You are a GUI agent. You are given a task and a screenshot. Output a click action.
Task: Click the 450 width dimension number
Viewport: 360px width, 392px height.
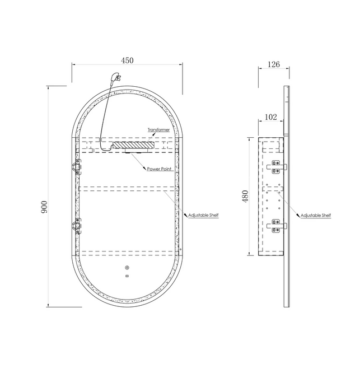coord(127,60)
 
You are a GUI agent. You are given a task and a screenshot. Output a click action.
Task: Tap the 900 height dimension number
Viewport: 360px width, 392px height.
coord(44,207)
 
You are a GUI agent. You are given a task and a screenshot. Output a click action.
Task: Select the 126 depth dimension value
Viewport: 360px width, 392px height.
coord(274,64)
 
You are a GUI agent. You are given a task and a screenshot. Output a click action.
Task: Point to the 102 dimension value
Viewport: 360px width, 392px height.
coord(271,117)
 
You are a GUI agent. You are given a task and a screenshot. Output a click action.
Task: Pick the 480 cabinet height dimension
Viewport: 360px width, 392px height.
coord(245,196)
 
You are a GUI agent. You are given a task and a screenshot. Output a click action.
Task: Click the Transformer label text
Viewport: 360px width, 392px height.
coord(158,130)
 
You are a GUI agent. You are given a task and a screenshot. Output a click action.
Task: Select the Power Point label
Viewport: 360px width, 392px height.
coord(159,169)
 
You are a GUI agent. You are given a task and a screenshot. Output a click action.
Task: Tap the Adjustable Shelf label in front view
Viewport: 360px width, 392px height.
coord(203,215)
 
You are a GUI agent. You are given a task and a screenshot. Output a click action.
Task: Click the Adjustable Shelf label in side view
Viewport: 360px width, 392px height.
coord(316,215)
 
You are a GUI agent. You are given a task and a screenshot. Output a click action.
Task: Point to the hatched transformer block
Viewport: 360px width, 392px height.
coord(133,145)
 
